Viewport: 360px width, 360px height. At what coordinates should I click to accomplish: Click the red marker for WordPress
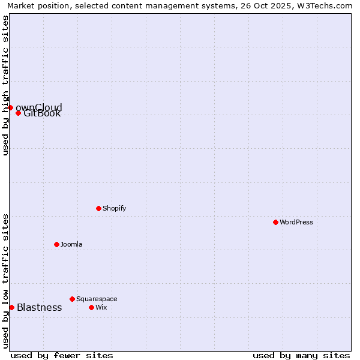point(275,222)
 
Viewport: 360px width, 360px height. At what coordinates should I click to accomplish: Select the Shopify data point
point(98,208)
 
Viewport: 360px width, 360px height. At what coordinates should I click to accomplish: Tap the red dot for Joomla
point(56,244)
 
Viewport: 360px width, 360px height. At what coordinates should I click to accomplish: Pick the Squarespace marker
point(72,299)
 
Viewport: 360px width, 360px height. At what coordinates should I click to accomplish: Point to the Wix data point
point(91,307)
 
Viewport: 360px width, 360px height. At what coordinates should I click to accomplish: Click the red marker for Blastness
point(11,307)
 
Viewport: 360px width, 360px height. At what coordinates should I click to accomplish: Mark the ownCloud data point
point(10,107)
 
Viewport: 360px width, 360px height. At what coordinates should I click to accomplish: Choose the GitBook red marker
point(18,113)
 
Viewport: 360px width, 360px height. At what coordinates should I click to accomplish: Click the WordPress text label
point(296,222)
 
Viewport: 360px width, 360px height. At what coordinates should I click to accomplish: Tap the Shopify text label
point(115,208)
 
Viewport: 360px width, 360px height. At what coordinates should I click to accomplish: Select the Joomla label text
point(71,244)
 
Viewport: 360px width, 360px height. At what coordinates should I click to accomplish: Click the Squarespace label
point(97,299)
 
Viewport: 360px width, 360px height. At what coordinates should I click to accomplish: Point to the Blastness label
point(39,307)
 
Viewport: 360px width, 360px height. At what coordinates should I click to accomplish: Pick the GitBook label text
point(42,113)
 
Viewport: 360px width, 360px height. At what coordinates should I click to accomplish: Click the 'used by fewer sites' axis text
point(62,355)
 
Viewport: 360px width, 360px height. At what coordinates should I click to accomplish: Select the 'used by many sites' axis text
point(301,355)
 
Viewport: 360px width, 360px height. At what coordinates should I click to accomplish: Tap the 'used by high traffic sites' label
point(5,85)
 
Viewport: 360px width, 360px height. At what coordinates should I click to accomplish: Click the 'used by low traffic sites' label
point(5,281)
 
